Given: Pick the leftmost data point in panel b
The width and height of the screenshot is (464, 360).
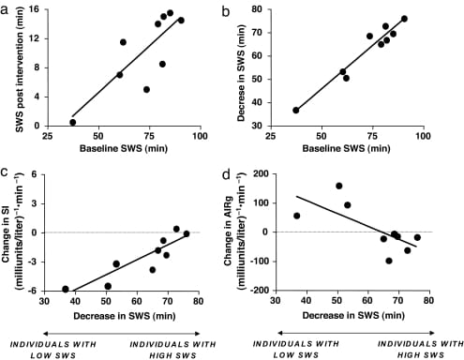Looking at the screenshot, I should coord(297,110).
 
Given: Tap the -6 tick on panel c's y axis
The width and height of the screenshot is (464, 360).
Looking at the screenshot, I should coord(36,290).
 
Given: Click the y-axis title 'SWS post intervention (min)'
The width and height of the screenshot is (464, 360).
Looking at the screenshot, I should coord(13,67).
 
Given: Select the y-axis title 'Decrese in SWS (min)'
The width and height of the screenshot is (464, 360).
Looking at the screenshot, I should coord(248,67).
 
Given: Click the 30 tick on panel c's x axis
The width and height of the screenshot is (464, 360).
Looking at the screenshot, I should coord(44,300).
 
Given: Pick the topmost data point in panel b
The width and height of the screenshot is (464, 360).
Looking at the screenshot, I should coord(404,19).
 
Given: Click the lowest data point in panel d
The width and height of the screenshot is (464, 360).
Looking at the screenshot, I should coord(389,261).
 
